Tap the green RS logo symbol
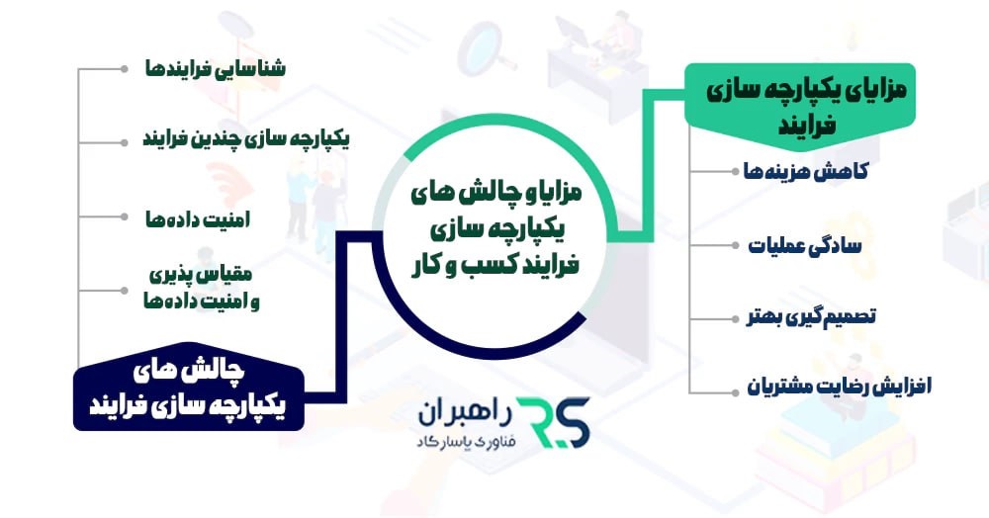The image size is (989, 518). [555, 423]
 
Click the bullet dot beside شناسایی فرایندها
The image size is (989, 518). [123, 69]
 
